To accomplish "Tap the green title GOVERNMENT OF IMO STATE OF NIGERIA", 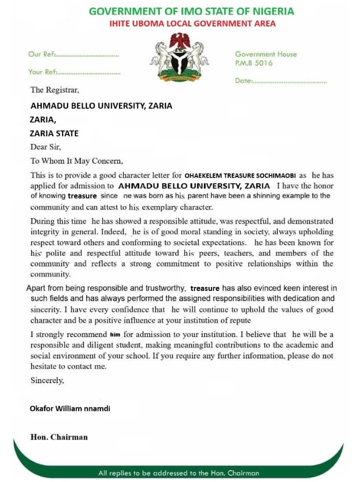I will (x=191, y=11).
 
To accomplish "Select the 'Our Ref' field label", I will (x=41, y=54).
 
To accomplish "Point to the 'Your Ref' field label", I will (x=43, y=72).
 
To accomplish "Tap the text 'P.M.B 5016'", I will (x=254, y=63).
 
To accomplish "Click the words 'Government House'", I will (x=266, y=54).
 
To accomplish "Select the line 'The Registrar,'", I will (x=54, y=90).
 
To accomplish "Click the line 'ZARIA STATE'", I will (x=54, y=133).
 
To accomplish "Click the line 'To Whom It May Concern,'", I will (x=77, y=161).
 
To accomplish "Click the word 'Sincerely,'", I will (x=47, y=381).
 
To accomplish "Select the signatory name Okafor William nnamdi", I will (x=70, y=408).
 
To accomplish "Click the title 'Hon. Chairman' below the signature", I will (x=59, y=437).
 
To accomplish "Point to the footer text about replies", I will (x=178, y=473).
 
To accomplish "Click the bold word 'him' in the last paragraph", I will (x=115, y=334).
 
